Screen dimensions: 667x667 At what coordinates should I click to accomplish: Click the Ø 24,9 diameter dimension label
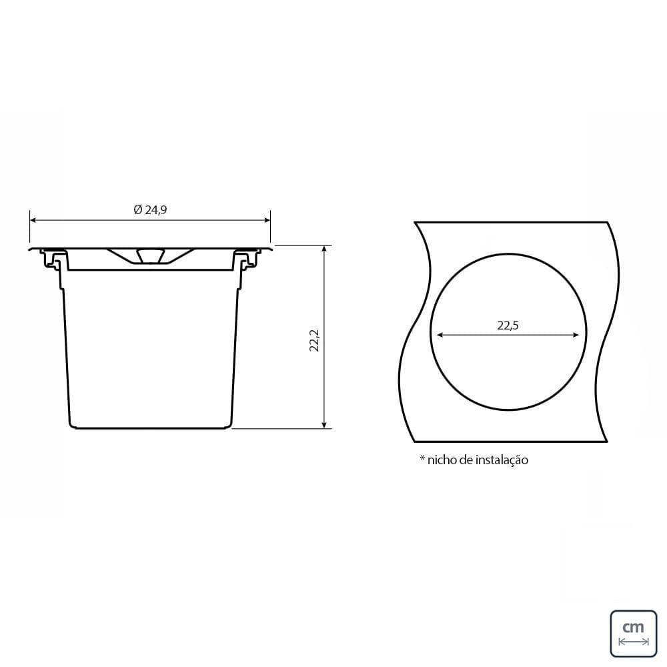point(150,209)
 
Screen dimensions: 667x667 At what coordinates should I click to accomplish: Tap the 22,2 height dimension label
point(314,340)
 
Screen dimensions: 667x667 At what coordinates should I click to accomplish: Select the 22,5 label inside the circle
point(508,325)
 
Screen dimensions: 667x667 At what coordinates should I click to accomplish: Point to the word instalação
point(502,460)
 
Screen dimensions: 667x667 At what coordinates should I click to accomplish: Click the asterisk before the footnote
point(422,458)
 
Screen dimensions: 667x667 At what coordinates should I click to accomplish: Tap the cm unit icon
point(634,634)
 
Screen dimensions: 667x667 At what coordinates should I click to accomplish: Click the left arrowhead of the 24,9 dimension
point(33,220)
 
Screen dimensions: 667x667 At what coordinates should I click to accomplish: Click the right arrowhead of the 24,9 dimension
point(267,220)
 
